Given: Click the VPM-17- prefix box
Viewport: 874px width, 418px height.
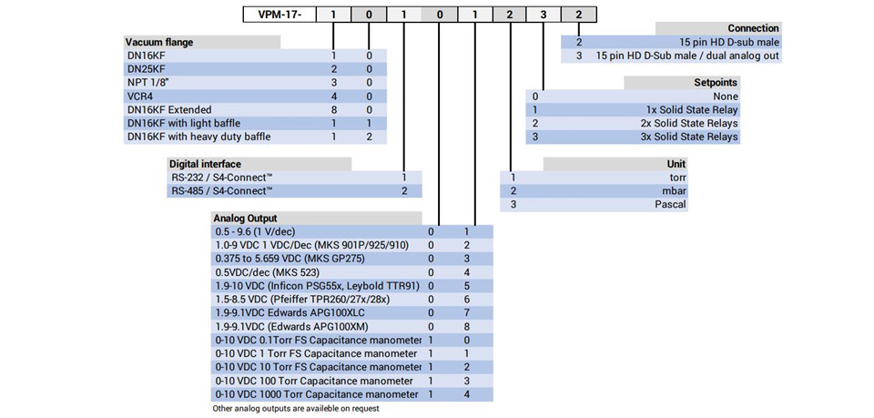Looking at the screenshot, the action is point(279,14).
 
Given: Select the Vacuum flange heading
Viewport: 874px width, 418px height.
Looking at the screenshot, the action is point(159,43).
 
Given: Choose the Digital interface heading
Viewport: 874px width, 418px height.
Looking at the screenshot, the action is point(205,164).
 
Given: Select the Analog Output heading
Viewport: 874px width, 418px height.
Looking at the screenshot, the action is point(245,219).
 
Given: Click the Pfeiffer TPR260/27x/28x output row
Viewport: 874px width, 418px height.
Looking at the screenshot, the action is point(302,300).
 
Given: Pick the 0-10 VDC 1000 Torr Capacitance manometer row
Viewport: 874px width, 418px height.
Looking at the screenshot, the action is point(317,394).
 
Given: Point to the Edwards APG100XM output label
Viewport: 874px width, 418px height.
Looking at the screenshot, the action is point(292,327).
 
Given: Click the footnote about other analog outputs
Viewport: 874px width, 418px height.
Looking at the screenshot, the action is point(296,409).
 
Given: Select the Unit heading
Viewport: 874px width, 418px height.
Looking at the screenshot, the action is point(676,164).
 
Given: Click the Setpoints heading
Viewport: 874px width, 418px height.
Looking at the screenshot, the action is point(716,83).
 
